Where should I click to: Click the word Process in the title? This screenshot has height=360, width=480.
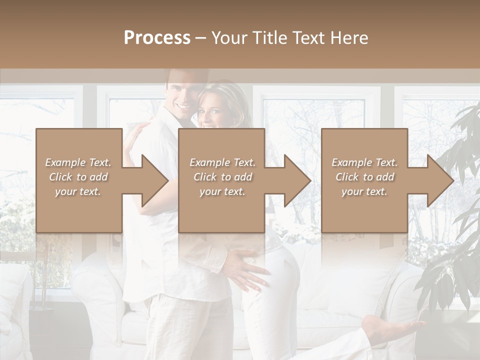tap(157, 38)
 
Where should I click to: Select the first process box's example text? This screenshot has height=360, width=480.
tap(78, 177)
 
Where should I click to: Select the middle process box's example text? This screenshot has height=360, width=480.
tap(222, 177)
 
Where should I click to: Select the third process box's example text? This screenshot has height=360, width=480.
tap(364, 177)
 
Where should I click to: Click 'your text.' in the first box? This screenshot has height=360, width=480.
tap(78, 191)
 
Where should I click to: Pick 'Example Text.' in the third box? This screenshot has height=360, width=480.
tap(364, 162)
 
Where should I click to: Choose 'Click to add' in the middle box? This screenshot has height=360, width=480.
tap(222, 177)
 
